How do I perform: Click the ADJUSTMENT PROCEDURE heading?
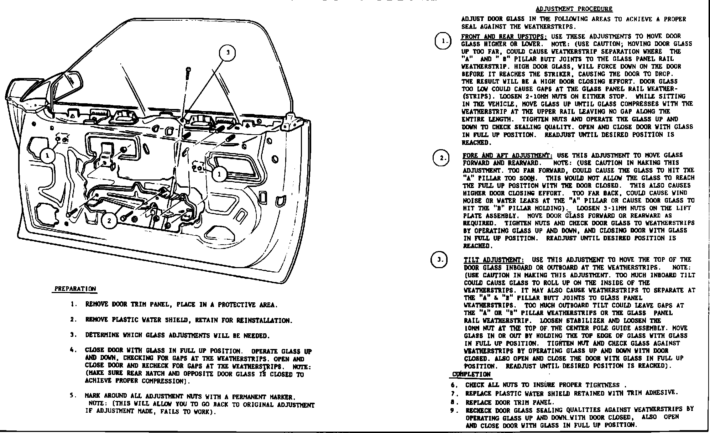[574, 9]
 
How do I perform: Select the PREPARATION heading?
[75, 289]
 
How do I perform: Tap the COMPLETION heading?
[471, 375]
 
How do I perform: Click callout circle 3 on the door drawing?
[228, 53]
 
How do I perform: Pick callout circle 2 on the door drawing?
[109, 221]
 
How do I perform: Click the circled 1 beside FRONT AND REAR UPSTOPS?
[443, 41]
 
